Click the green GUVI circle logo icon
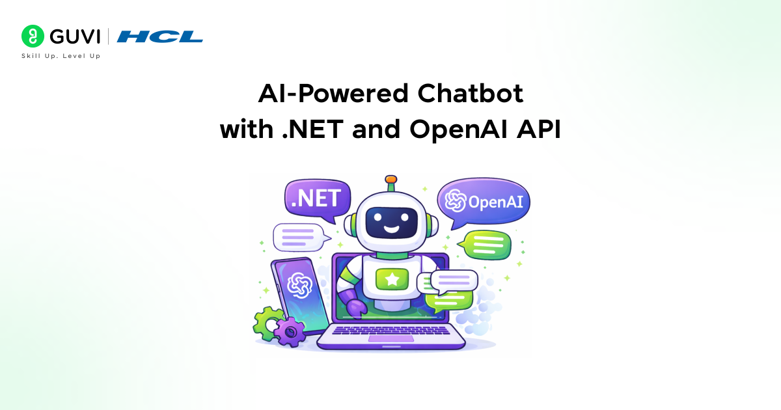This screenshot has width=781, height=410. [33, 36]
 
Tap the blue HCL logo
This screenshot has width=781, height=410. [159, 36]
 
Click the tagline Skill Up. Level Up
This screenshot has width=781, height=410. [61, 56]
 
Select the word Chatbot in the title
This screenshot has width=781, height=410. [471, 94]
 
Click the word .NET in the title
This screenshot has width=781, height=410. [312, 130]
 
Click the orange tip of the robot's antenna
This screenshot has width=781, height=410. [391, 179]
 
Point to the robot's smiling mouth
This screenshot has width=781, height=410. [392, 229]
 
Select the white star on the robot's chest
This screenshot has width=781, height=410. [392, 279]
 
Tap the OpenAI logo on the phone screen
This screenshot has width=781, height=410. [299, 285]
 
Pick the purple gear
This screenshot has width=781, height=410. [290, 332]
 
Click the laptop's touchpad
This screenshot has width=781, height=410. [391, 338]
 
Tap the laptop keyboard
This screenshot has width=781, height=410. [391, 330]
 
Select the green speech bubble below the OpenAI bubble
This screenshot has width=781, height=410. [486, 245]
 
